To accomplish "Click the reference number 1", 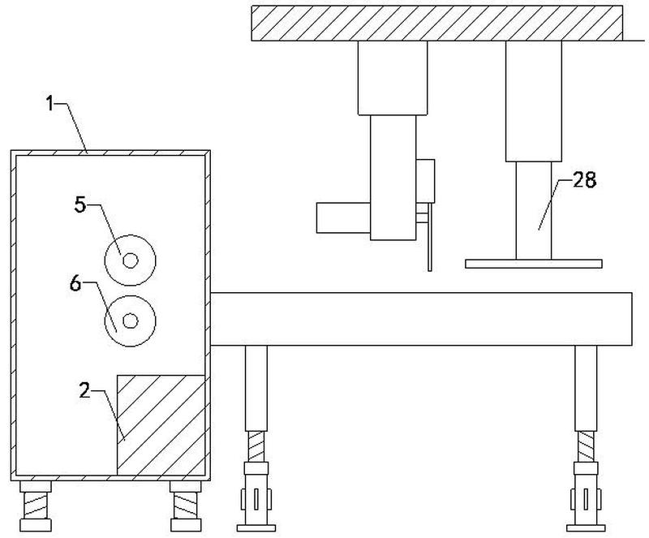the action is coord(50,104).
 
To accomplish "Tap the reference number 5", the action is coord(80,204).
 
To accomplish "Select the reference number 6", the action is coord(75,284).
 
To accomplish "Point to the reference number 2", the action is coord(84,390).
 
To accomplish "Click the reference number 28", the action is coord(584,180).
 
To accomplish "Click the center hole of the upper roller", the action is coord(131,260).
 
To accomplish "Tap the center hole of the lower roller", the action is coord(131,321).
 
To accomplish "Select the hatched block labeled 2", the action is coord(161,425).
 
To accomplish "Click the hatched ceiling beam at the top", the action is coord(437,24).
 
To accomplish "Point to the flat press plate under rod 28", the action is coord(534,264).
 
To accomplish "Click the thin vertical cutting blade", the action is coord(430,237).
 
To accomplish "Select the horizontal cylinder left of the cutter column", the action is coord(343,217).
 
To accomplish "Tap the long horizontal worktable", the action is coord(421,319).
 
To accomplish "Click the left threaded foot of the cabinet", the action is coord(36,506).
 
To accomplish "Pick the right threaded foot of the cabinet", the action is coord(186,506).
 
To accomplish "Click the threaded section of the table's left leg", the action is coord(256,446).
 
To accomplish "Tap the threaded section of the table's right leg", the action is coord(586,446).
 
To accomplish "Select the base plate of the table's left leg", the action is coord(256,528).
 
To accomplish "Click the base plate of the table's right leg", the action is coord(586,528).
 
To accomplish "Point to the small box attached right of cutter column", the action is coord(425,181).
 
